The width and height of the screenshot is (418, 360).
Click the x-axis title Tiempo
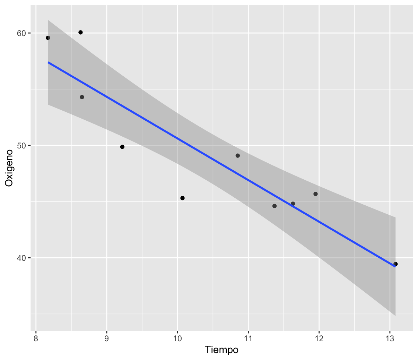[221, 350]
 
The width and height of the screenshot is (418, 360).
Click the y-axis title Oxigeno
[9, 168]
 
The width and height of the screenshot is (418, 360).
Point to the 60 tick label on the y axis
[22, 33]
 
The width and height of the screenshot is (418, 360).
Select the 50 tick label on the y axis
[22, 146]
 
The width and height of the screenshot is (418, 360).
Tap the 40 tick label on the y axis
[22, 258]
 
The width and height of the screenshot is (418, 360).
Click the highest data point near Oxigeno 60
[80, 32]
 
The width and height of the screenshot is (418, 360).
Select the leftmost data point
[48, 38]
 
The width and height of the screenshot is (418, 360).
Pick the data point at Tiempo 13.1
[395, 264]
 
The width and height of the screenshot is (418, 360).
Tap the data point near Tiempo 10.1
[182, 198]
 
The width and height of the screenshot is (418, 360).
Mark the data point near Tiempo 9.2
[122, 147]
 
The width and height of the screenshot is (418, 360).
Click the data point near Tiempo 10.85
[237, 155]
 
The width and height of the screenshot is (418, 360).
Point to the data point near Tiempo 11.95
[315, 194]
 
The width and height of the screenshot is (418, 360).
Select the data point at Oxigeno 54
[82, 97]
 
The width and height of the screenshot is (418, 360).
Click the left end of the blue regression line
[48, 62]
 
